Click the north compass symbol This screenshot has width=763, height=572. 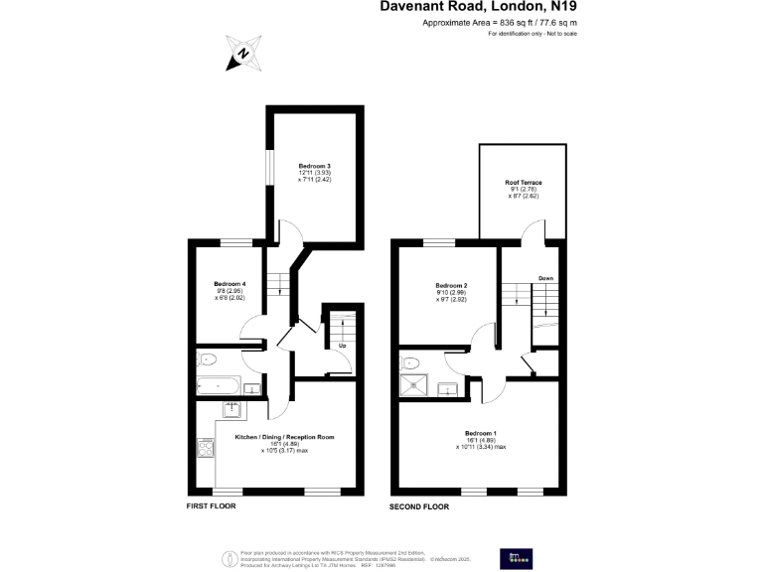pyautogui.click(x=241, y=55)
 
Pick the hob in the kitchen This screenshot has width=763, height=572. pyautogui.click(x=205, y=449)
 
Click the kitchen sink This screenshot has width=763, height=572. pyautogui.click(x=231, y=407)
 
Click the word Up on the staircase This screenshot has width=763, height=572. pyautogui.click(x=342, y=346)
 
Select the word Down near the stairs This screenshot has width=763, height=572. pyautogui.click(x=545, y=278)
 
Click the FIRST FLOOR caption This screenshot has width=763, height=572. pyautogui.click(x=211, y=505)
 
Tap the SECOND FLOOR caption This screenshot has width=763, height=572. pyautogui.click(x=419, y=505)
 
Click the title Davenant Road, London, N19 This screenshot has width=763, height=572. pyautogui.click(x=479, y=7)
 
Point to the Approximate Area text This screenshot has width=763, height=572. pyautogui.click(x=500, y=22)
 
